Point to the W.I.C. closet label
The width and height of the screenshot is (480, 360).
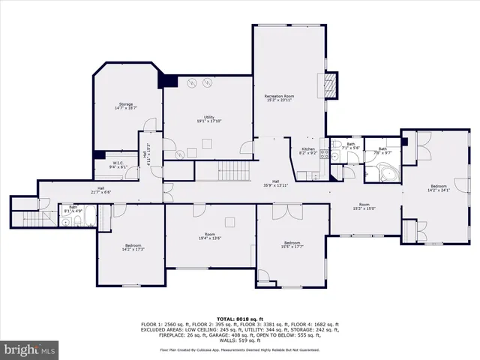[118, 164]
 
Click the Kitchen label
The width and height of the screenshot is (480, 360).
[308, 151]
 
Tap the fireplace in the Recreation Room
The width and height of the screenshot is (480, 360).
[328, 84]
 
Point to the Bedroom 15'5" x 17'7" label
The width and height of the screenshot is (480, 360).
[292, 244]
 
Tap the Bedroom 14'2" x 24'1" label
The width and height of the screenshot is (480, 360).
[438, 187]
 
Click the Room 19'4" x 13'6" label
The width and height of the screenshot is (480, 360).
[210, 237]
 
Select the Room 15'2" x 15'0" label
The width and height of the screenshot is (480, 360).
[364, 206]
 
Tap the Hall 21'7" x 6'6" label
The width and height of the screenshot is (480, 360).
[100, 190]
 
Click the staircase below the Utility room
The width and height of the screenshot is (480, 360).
[222, 172]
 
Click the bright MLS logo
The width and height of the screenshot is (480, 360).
[30, 350]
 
